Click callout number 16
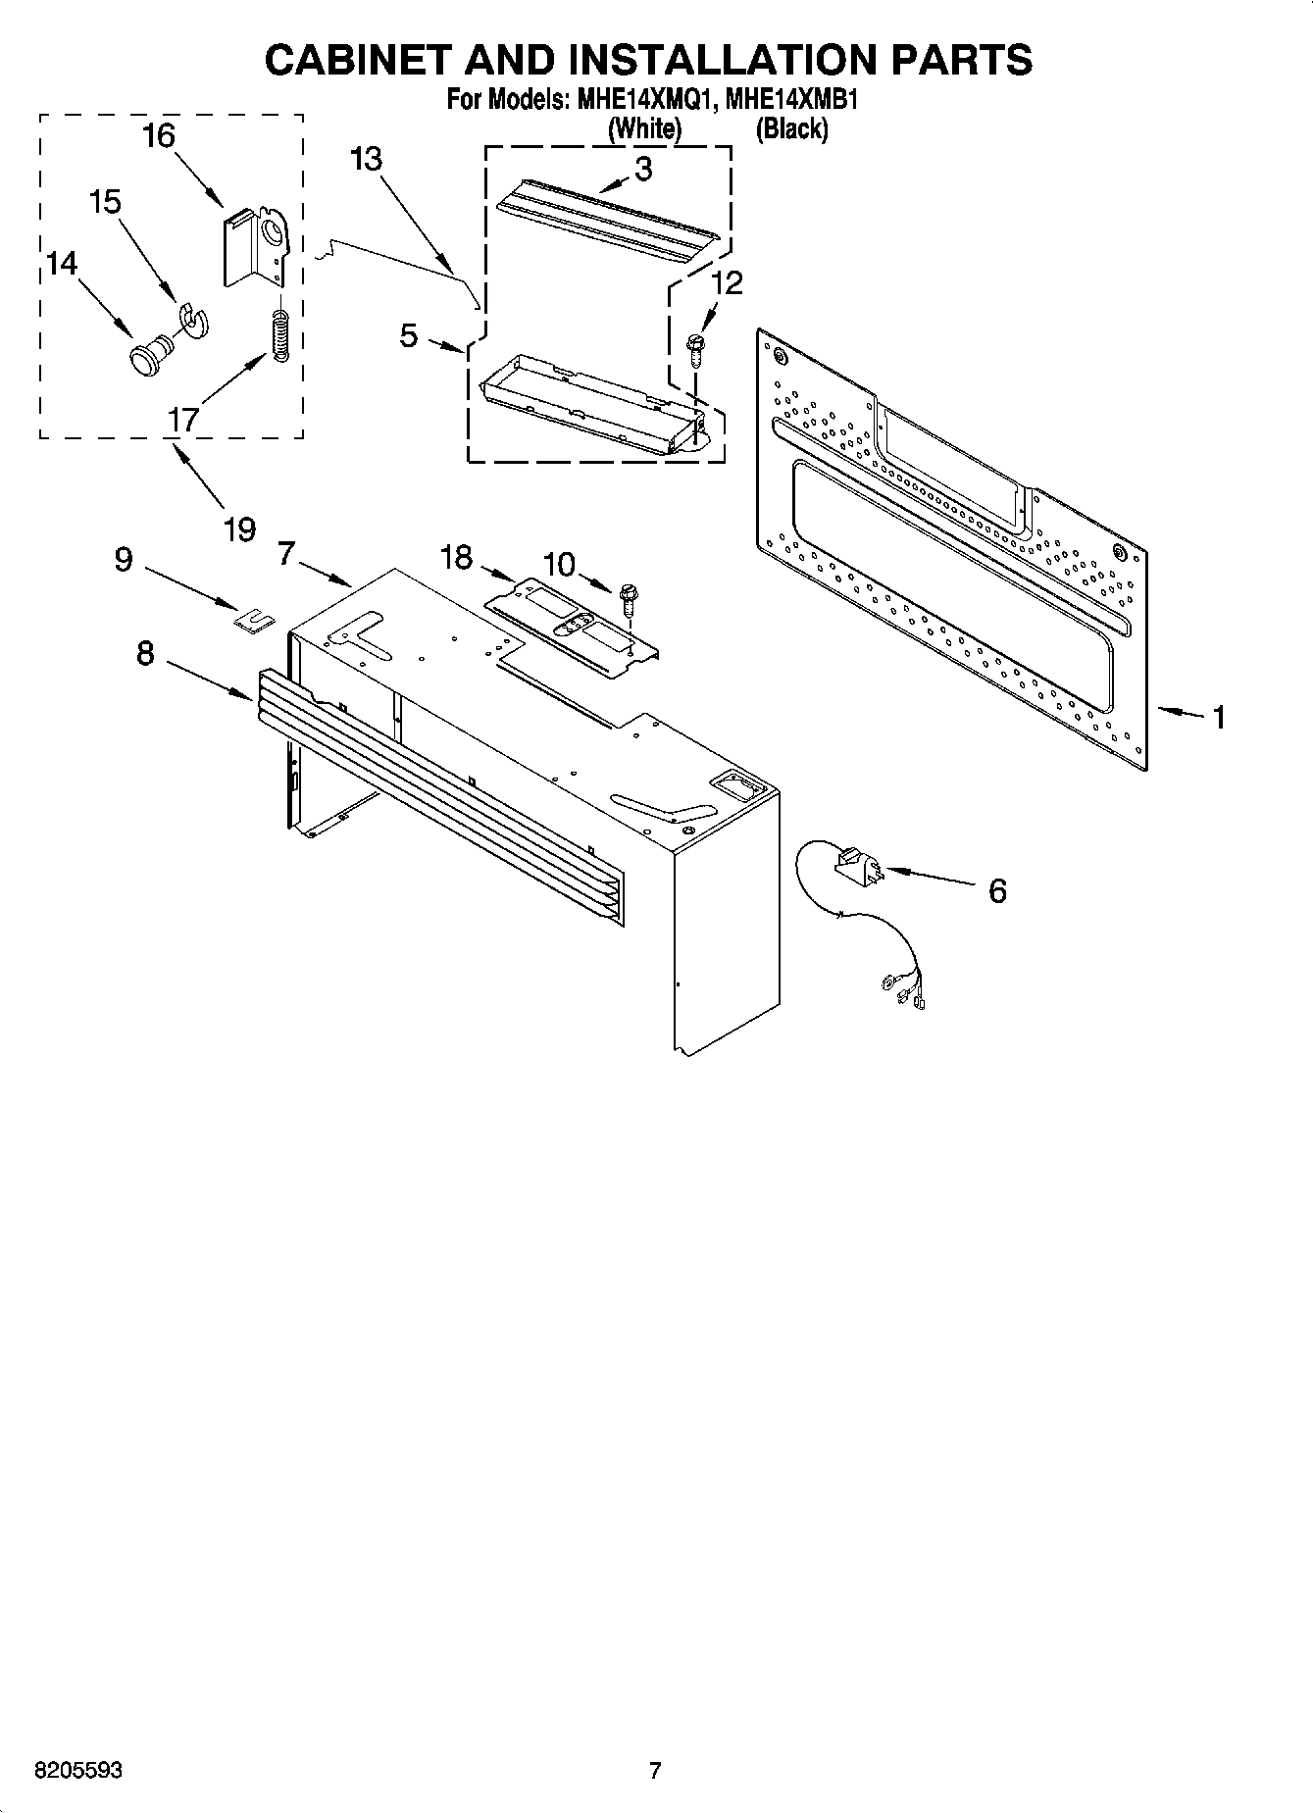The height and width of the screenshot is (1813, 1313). coord(159,136)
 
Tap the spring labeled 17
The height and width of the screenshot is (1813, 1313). coord(279,335)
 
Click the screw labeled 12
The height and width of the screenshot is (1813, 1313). coord(696,349)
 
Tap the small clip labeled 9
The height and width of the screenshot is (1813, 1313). coord(253,618)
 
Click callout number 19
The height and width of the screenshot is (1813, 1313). coord(239,529)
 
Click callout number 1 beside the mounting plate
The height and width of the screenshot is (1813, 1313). coord(1218,718)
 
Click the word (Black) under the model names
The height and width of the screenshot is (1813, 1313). coord(791,128)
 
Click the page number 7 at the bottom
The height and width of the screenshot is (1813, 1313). coord(655,1771)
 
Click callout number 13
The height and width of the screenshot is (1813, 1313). coord(367,159)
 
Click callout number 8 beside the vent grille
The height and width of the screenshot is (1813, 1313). coord(145,654)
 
